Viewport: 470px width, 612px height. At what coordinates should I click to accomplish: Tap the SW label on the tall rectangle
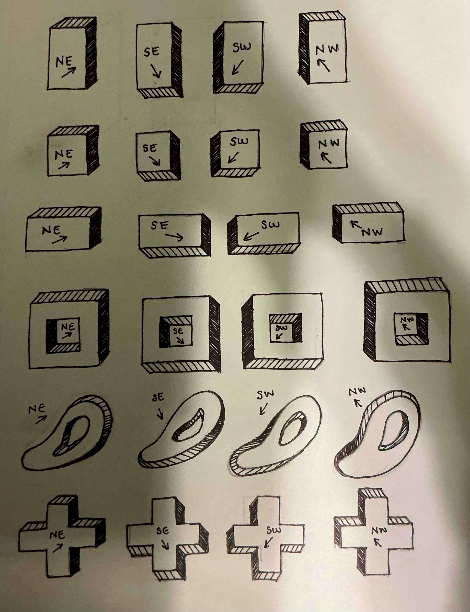(x=242, y=47)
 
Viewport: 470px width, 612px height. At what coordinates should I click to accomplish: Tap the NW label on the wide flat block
(x=372, y=232)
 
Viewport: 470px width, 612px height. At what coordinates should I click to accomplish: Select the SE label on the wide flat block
(x=160, y=225)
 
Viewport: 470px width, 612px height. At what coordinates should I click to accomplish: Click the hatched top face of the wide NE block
(x=64, y=212)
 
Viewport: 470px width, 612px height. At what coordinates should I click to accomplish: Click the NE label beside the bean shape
(x=37, y=409)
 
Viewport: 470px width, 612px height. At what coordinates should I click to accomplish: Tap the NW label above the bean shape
(x=357, y=391)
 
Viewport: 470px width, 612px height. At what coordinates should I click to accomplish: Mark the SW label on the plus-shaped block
(x=274, y=530)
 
